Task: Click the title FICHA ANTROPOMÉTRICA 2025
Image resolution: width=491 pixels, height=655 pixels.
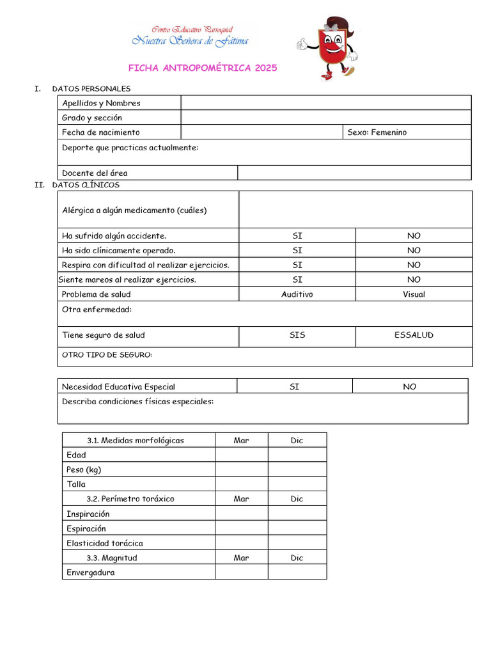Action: point(203,68)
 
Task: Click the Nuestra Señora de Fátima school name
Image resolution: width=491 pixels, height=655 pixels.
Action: point(191,41)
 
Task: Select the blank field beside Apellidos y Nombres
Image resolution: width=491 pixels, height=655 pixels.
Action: point(326,103)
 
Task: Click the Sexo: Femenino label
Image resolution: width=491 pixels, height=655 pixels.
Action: point(377,132)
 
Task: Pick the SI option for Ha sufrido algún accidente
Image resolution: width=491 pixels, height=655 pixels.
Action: point(297,235)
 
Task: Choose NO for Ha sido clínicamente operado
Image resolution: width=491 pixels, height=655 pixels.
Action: point(414,250)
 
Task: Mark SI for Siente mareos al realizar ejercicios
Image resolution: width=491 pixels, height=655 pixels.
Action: point(297,280)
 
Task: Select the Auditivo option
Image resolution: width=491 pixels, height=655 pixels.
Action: point(297,294)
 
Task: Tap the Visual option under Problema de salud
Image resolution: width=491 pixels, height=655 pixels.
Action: point(414,294)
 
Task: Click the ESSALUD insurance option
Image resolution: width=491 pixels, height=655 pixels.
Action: point(414,335)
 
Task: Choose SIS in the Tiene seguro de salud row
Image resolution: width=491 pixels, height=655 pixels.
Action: point(297,335)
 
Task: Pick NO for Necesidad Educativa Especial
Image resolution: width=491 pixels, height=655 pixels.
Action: point(410,386)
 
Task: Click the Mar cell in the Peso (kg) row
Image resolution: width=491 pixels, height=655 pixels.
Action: point(241,470)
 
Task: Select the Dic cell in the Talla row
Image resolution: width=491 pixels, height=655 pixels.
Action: point(297,484)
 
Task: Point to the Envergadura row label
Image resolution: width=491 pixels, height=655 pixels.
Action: point(91,572)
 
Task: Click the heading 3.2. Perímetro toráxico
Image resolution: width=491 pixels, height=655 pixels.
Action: point(130,499)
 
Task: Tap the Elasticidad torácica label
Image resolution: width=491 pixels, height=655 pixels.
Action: point(105,543)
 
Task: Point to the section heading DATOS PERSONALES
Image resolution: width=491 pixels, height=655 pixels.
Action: point(91,89)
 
